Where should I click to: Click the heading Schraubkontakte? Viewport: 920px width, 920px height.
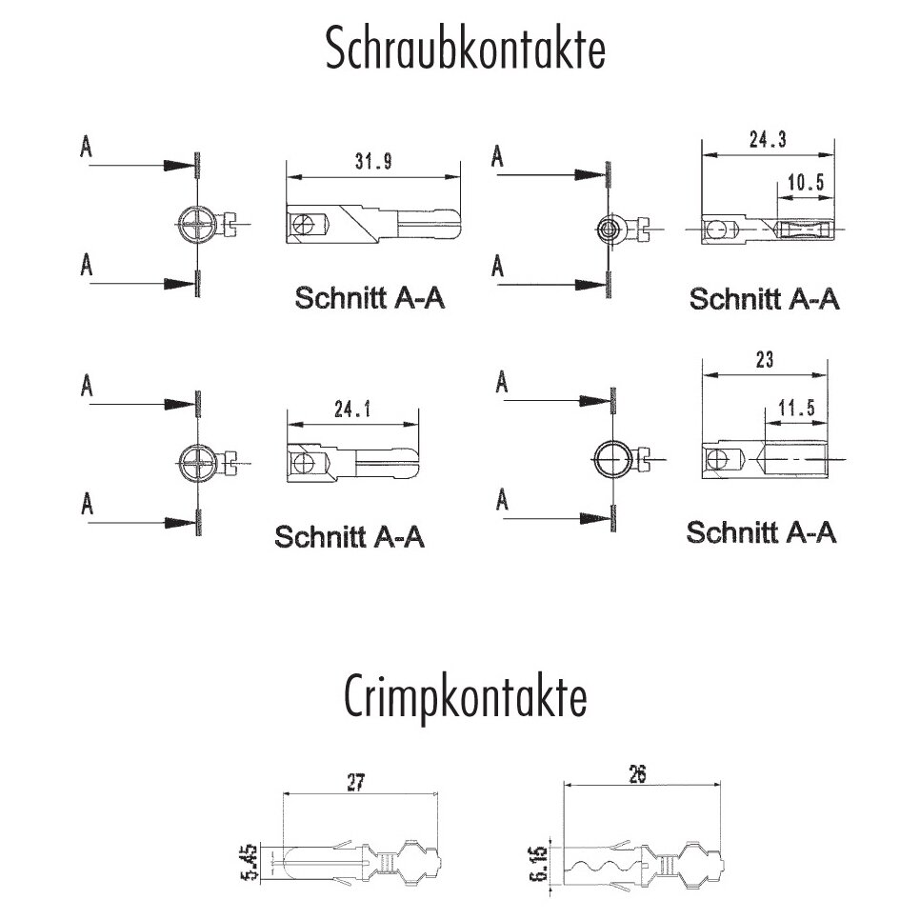[465, 50]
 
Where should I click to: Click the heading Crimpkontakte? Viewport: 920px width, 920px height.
[464, 700]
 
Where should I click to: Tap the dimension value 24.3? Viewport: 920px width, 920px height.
[768, 140]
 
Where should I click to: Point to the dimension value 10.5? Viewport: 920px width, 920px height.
[805, 183]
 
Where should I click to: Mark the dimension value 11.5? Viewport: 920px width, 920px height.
[795, 409]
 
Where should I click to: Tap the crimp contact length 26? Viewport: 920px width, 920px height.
[637, 774]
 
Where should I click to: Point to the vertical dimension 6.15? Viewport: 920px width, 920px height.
[539, 863]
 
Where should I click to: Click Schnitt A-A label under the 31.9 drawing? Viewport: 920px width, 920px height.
[370, 298]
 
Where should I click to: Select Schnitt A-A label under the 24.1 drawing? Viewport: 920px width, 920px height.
[350, 536]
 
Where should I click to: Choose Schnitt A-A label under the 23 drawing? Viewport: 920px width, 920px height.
[761, 531]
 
